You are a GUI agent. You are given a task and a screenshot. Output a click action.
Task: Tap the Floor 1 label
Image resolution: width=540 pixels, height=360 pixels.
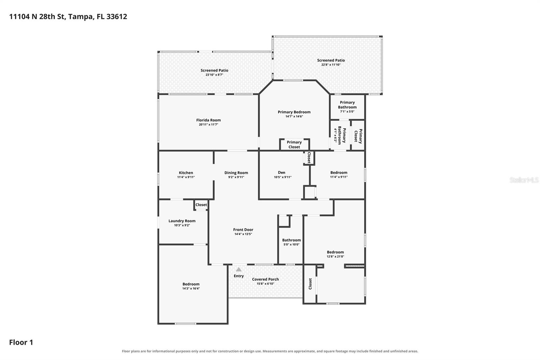pos(21,342)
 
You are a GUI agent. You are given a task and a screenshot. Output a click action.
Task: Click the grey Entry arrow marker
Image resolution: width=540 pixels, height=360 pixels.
pos(238,269)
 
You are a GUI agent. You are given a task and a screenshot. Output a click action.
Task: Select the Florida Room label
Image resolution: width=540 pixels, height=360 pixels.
pos(208,120)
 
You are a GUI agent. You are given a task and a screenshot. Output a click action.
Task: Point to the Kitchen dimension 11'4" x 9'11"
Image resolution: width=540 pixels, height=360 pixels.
pos(186,177)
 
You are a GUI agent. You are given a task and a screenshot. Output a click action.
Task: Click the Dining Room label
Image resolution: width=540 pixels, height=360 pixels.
pos(236,173)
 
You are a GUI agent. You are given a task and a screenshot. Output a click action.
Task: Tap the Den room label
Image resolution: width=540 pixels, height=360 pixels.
pos(281,173)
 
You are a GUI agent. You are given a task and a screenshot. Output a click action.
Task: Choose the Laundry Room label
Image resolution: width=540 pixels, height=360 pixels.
pos(182,221)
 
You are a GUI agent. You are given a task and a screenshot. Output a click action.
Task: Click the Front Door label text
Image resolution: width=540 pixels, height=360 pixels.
pos(243,229)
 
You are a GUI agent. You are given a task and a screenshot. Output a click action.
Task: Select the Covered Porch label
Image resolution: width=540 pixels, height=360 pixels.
pos(265,279)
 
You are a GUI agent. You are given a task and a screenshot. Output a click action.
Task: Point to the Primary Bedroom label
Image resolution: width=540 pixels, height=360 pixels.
pos(294,112)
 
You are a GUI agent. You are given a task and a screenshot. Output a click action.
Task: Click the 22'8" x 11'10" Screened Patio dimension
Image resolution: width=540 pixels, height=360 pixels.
pos(331,65)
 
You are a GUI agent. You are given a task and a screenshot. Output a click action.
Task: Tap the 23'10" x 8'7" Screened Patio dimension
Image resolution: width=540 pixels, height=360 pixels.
pos(214,75)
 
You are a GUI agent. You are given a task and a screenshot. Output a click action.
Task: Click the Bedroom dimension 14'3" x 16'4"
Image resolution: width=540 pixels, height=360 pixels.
pos(191,288)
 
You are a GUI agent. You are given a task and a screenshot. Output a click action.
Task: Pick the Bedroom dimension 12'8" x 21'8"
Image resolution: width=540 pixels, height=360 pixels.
pos(335,256)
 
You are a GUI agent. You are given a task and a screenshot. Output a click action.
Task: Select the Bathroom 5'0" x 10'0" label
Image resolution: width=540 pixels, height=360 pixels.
pos(292,242)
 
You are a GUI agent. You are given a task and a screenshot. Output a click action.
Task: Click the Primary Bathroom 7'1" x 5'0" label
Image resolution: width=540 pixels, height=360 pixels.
pos(347,107)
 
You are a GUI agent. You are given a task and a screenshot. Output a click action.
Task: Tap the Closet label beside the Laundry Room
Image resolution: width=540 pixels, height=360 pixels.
pos(201,205)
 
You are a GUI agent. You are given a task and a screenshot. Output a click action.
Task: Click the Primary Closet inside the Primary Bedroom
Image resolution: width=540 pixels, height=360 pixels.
pos(294,145)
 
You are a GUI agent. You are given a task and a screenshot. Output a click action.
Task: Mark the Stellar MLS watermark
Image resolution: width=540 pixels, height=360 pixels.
pos(524,180)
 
